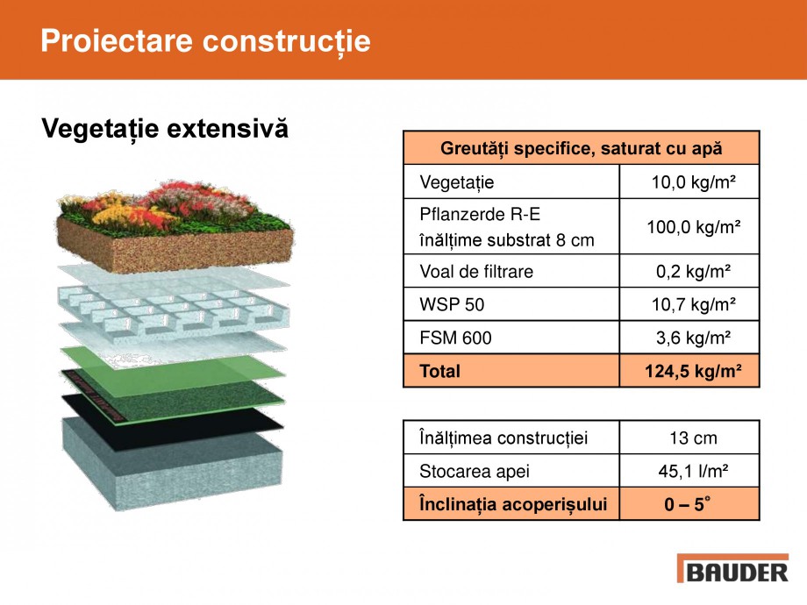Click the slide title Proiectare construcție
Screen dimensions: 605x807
point(205,41)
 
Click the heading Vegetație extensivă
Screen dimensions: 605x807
point(165,130)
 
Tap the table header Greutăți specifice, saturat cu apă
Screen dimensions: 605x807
point(581,148)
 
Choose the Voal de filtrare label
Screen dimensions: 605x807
point(476,272)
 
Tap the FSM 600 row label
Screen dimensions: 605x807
point(456,338)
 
